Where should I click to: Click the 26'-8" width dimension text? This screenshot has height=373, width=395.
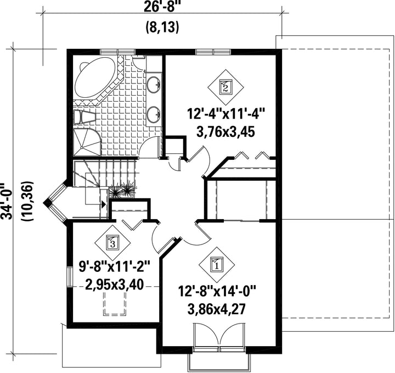click(162, 7)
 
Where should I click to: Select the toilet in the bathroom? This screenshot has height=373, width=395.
click(84, 117)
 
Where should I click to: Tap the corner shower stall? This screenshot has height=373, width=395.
click(87, 142)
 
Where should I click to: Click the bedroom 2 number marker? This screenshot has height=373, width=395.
click(225, 87)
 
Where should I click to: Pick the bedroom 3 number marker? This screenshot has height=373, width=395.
click(112, 243)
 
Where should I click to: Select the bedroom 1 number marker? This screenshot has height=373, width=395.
click(217, 265)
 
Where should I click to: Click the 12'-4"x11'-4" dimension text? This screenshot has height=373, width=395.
click(225, 114)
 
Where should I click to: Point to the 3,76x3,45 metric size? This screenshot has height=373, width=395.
click(225, 132)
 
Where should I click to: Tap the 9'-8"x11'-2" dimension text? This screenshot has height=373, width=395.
click(115, 266)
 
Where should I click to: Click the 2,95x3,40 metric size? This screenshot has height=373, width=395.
click(115, 285)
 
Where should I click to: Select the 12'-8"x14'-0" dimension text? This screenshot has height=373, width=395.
click(217, 291)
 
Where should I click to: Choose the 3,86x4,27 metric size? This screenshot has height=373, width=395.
click(217, 309)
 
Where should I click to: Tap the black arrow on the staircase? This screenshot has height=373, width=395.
click(103, 204)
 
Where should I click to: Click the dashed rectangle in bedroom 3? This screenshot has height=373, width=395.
click(114, 304)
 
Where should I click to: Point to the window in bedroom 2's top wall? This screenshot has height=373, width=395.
click(213, 52)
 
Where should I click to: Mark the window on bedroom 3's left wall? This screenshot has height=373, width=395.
click(70, 277)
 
